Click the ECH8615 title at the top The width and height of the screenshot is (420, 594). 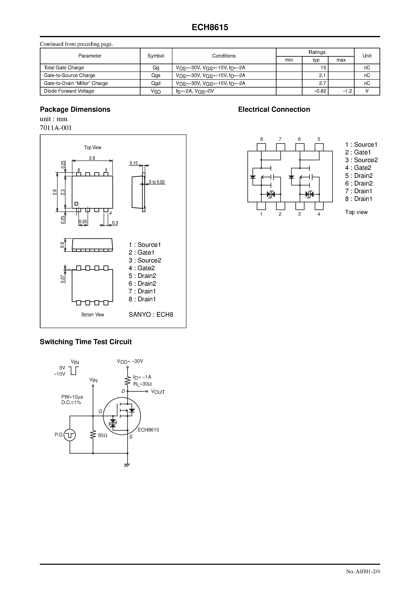210,27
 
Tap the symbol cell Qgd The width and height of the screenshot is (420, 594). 156,83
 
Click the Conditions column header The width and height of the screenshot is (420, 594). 224,56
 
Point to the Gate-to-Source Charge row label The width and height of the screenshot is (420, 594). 69,76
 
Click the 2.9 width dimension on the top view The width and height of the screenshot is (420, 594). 92,158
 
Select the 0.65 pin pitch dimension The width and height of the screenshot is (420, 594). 83,222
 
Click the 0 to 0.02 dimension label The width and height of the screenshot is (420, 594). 157,182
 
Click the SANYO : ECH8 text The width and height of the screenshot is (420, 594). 151,315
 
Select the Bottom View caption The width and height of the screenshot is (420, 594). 92,315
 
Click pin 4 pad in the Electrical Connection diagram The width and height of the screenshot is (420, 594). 319,206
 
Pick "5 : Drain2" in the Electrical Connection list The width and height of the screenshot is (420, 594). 359,176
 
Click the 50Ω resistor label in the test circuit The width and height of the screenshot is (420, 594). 102,435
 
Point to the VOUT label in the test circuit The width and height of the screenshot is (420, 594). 158,392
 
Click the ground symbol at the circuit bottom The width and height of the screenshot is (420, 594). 127,465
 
